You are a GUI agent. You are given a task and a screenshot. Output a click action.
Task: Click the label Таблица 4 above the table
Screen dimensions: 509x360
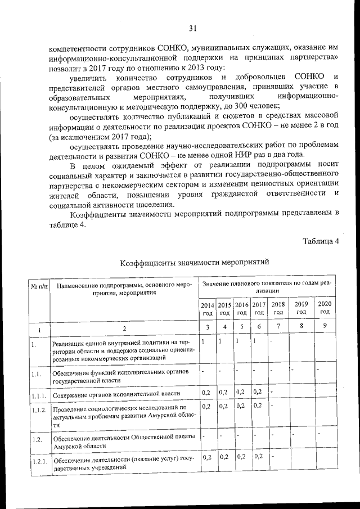(321, 242)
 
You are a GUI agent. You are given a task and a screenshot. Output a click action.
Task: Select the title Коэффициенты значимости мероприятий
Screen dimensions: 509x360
(195, 262)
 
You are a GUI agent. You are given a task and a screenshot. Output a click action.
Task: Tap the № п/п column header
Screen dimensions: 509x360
(39, 286)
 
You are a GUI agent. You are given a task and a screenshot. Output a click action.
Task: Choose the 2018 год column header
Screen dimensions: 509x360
(278, 308)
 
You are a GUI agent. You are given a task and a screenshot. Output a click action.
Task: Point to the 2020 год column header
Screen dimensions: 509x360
(325, 308)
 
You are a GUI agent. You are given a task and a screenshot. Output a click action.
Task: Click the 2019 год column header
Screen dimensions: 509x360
(301, 308)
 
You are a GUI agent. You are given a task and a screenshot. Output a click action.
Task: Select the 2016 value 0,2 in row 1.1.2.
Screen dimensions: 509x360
(241, 406)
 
